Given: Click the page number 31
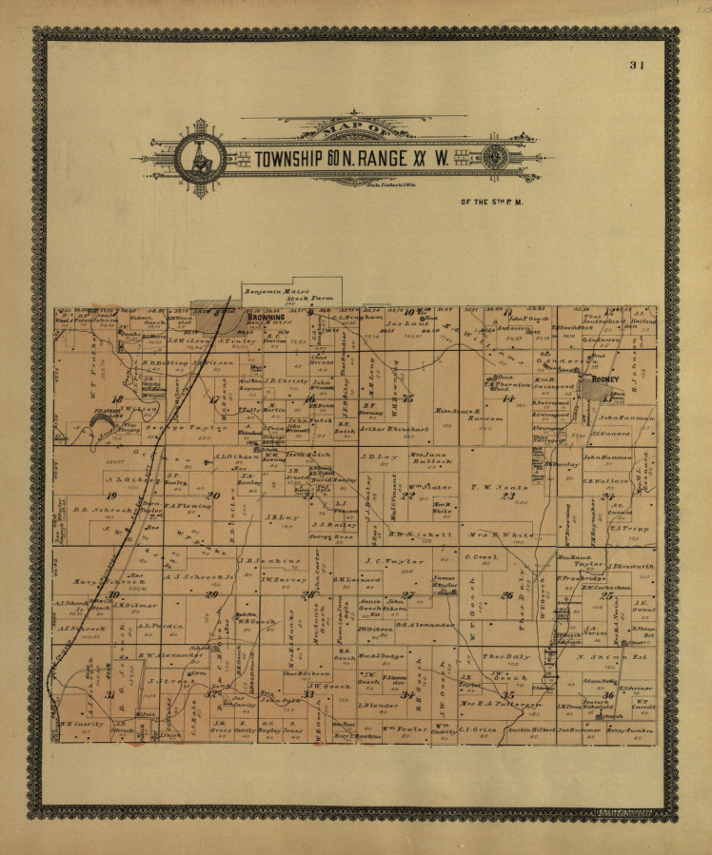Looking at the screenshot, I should (x=637, y=66).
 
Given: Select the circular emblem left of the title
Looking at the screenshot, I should (x=201, y=158).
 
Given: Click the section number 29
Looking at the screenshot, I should (x=211, y=594).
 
